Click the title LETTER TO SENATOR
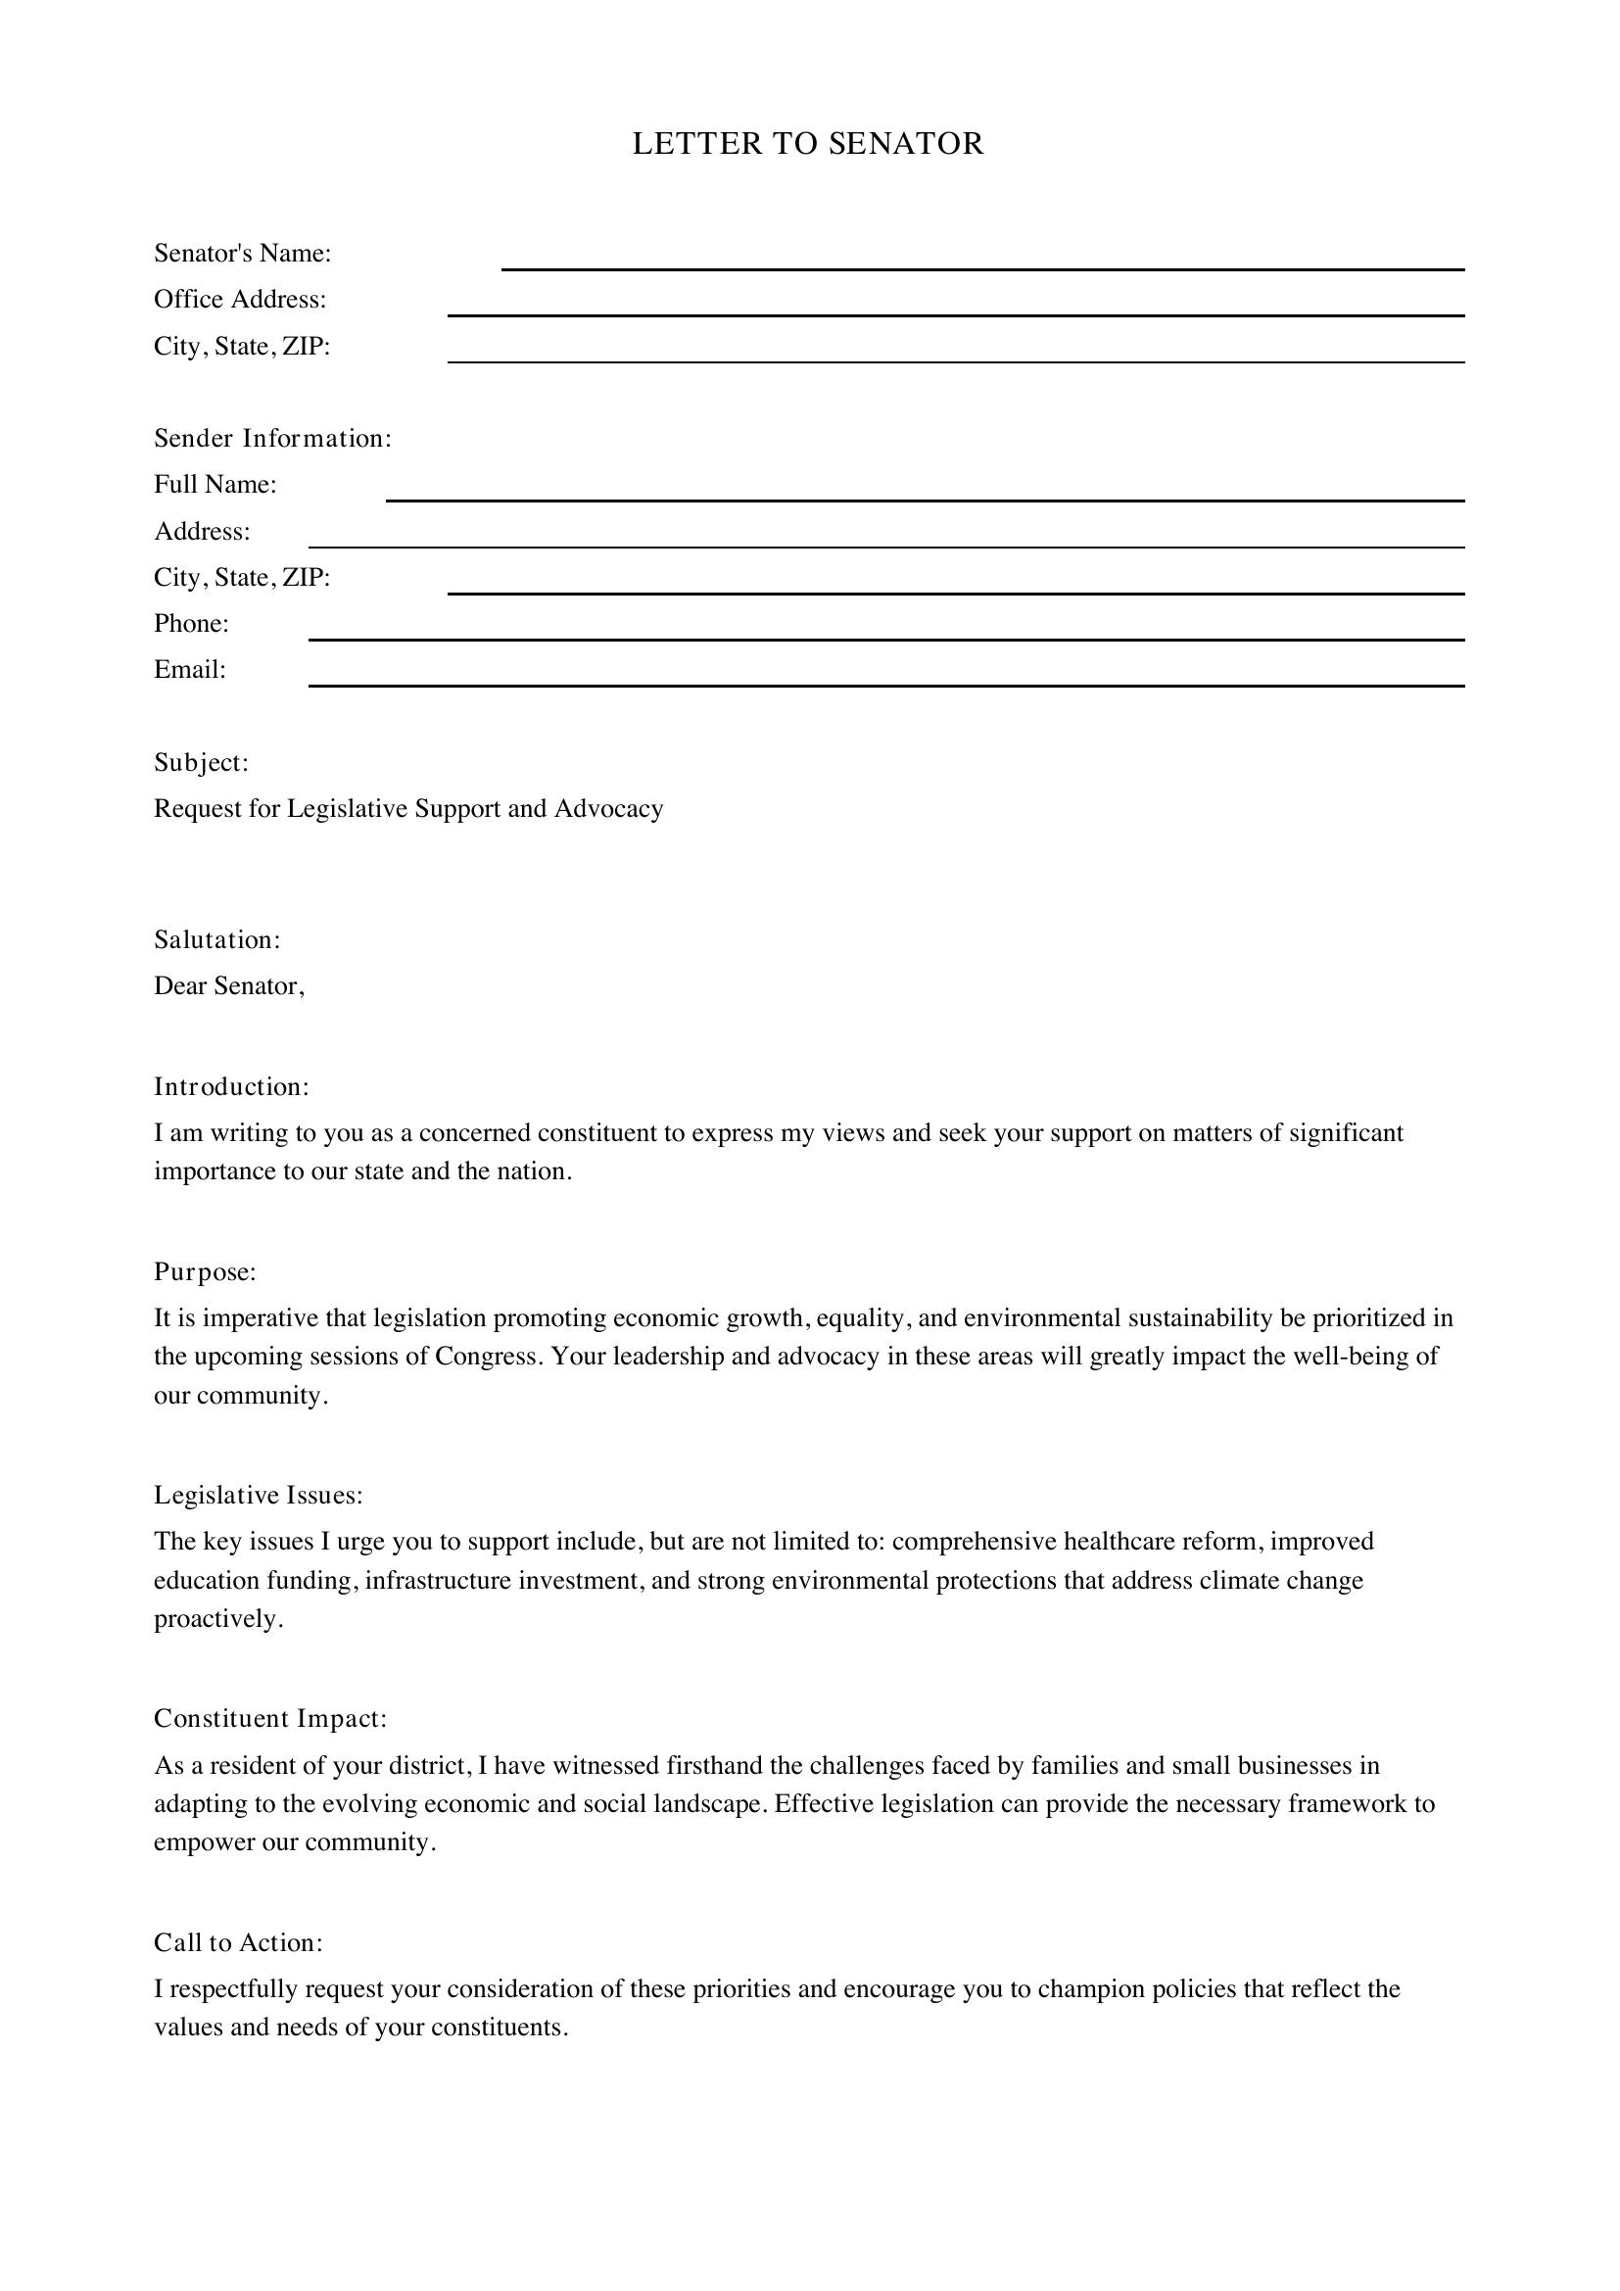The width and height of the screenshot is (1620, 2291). (808, 144)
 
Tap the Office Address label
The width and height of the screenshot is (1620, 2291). (239, 300)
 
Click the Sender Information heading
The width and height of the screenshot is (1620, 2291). (272, 438)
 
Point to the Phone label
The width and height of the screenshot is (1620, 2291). (192, 624)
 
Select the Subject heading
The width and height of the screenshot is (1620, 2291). (201, 762)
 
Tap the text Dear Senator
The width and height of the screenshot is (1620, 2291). (228, 986)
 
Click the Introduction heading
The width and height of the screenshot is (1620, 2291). (231, 1086)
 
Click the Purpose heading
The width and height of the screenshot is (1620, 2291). (206, 1271)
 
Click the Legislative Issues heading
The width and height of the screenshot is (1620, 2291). (259, 1495)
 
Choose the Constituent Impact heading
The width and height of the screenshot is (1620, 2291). (269, 1718)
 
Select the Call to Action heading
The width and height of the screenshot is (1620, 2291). (238, 1941)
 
